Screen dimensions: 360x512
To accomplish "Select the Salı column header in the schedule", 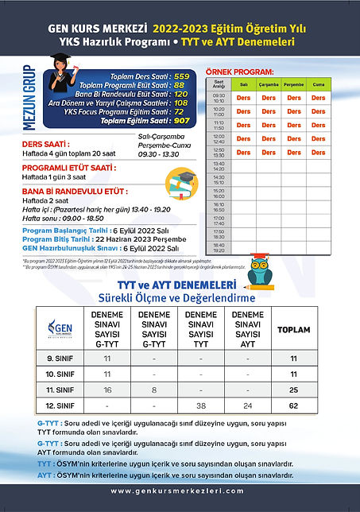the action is coord(245,83).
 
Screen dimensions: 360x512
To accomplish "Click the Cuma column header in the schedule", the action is coord(318,83).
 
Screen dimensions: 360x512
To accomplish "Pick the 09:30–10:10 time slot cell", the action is coord(219,98).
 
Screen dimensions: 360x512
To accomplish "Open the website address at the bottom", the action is coord(179,491).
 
